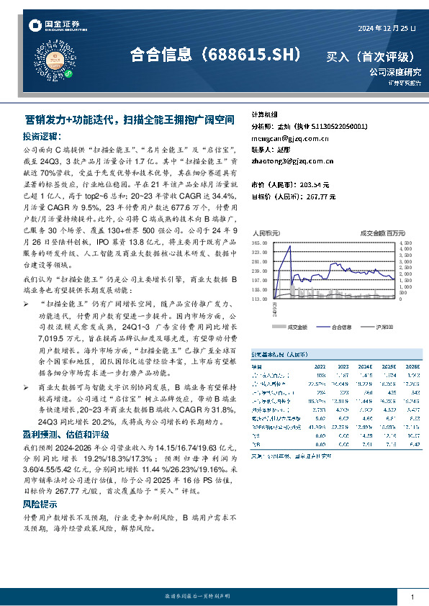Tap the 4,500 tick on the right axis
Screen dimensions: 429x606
coord(406,243)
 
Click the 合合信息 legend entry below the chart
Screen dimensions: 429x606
coord(338,327)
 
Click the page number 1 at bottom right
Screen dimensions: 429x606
coord(412,598)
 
